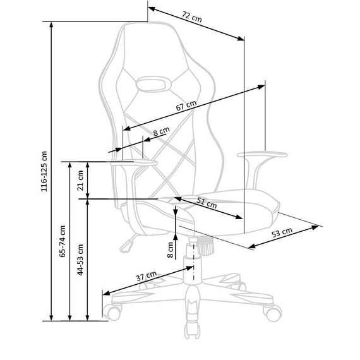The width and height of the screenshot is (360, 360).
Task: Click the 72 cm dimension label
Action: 192,17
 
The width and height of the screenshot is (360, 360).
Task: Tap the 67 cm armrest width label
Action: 186,105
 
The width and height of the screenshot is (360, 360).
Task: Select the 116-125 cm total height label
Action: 44,171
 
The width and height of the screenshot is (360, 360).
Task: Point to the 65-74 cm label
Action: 63,241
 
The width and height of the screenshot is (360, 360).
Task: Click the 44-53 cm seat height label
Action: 80,260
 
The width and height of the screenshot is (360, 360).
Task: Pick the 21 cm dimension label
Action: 80,181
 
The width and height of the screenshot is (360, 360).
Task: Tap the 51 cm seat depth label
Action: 207,203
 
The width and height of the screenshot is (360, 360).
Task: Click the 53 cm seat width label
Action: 282,232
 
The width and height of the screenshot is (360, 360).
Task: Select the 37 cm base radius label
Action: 147,276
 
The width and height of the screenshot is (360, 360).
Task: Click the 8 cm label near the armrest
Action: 162,131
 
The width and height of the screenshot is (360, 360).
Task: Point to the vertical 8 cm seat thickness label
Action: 171,250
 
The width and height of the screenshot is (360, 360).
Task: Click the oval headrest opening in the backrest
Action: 153,84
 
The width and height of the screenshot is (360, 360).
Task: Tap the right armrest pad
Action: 263,155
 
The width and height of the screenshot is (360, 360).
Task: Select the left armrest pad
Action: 134,163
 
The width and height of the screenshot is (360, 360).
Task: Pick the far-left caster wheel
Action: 112,312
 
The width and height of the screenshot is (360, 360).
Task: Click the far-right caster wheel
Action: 273,313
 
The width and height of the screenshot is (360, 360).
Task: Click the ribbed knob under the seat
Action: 205,246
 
